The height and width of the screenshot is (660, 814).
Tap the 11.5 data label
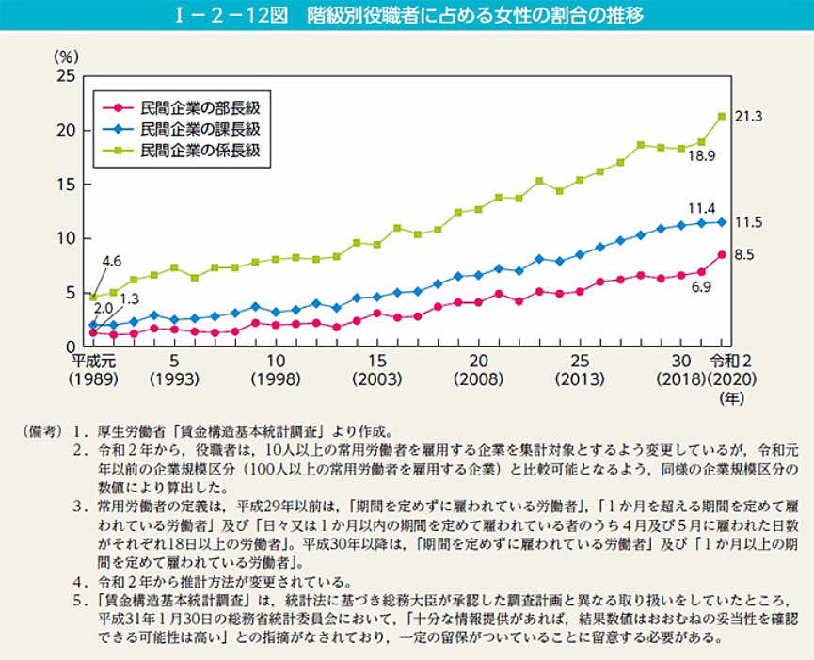click(748, 222)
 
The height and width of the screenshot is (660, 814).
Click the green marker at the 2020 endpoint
click(722, 116)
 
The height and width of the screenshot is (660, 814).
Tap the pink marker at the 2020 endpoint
click(722, 254)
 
